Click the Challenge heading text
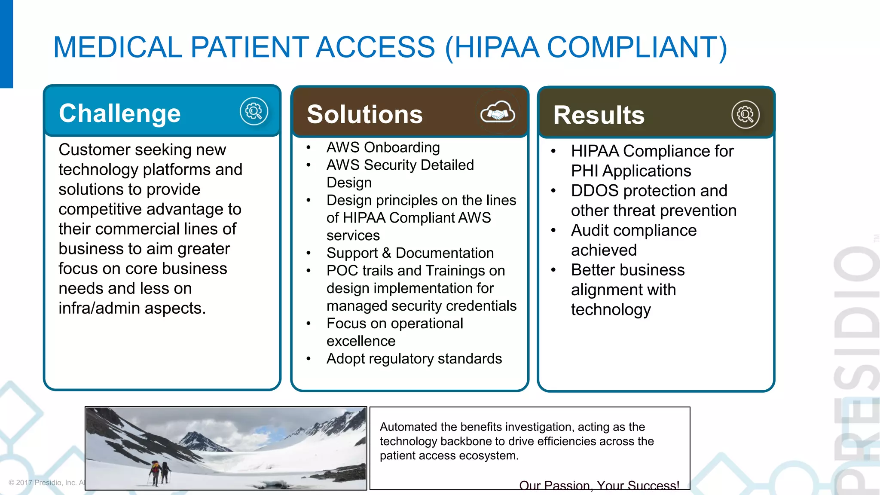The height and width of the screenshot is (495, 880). click(119, 113)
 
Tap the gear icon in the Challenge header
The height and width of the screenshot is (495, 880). click(254, 111)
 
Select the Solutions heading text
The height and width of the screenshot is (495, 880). click(364, 114)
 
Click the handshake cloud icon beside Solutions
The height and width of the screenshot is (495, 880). click(497, 113)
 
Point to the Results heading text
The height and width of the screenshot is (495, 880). click(599, 115)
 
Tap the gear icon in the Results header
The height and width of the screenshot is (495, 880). click(745, 114)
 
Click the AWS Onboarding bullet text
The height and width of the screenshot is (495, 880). click(383, 147)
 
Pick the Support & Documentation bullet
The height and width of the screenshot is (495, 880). click(410, 253)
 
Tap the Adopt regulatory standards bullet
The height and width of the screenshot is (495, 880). click(414, 359)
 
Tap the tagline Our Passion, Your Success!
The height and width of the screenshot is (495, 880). click(599, 486)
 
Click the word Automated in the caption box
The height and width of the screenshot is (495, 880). click(408, 427)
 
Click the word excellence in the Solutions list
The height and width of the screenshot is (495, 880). click(361, 341)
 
